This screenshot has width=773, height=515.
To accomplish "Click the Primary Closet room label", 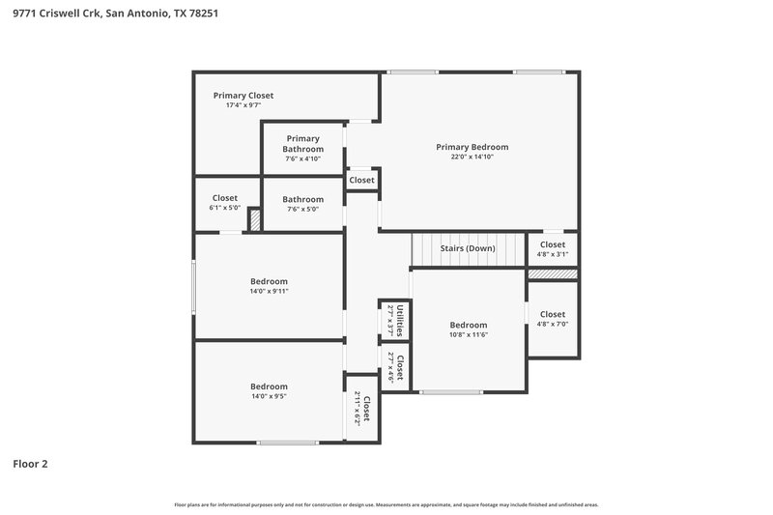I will click(x=243, y=96).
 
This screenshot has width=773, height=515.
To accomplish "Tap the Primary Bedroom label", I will click(x=472, y=147).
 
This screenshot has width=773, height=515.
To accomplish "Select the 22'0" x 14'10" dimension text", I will click(x=472, y=157).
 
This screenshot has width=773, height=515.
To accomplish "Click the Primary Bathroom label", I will click(x=302, y=144).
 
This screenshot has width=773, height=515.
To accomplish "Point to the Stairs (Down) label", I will click(x=468, y=248).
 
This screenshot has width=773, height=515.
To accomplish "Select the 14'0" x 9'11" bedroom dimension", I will click(x=270, y=291).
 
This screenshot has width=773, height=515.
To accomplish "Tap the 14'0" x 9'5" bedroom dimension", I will click(x=270, y=395).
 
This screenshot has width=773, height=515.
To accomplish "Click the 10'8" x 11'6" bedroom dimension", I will click(x=468, y=335).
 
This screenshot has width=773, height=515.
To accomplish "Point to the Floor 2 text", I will click(x=30, y=464).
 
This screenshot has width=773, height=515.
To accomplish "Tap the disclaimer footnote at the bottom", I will click(x=386, y=504).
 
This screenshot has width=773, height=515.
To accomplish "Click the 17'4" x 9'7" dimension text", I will click(x=243, y=105).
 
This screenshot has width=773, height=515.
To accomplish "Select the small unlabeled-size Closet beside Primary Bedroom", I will click(x=361, y=180).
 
